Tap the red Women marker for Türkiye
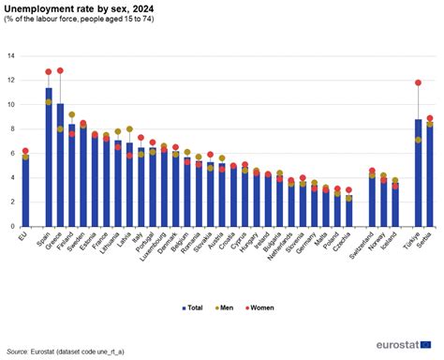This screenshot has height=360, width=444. pos(419,82)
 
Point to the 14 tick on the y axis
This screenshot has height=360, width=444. pos(10,55)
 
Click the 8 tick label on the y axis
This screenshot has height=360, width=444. pos(12,128)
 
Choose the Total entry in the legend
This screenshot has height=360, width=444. pos(192,306)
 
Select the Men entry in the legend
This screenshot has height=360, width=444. pos(225,306)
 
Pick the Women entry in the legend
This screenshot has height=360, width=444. pos(259,306)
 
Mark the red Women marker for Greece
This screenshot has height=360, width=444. pos(60,70)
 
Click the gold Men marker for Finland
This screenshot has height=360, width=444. pos(72,114)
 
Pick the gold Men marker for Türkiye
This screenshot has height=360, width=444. pos(419,140)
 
